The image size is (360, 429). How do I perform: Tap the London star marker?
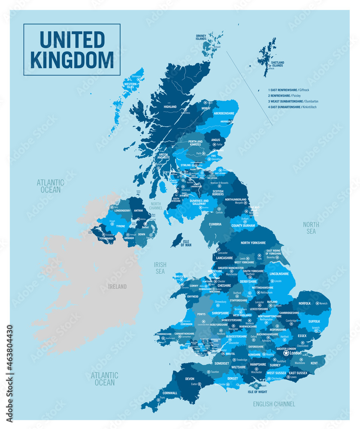286,353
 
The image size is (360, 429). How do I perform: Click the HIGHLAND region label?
170,106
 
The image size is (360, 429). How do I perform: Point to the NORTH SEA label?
311,228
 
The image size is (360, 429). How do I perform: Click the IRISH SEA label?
160,268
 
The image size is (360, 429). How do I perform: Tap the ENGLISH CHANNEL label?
274,404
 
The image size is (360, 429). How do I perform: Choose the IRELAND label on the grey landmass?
117,287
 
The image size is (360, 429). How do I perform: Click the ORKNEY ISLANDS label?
201,37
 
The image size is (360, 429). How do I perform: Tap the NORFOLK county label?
304,303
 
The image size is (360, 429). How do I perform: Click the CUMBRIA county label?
215,224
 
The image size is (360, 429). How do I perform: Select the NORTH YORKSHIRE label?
254,243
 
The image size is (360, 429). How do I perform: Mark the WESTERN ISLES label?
130,85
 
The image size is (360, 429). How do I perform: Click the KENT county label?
314,363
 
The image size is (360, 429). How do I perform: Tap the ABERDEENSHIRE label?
225,113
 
